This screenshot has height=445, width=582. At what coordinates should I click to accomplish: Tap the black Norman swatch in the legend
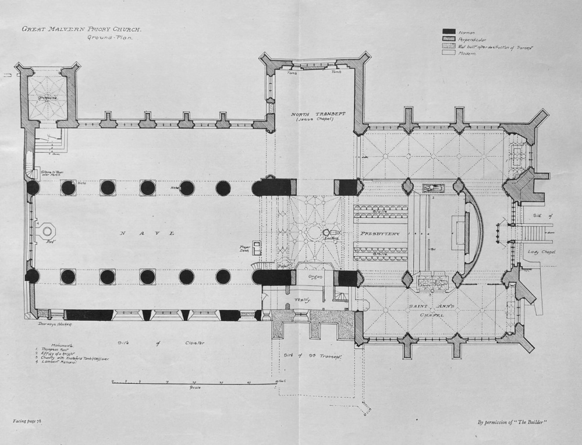pyautogui.click(x=449, y=31)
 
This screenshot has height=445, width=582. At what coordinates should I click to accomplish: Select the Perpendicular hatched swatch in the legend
pyautogui.click(x=449, y=38)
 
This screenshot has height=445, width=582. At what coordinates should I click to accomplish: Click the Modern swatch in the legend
pyautogui.click(x=449, y=53)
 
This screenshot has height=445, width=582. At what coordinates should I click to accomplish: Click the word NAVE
pyautogui.click(x=147, y=234)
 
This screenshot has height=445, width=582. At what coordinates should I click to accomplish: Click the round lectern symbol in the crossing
pyautogui.click(x=327, y=232)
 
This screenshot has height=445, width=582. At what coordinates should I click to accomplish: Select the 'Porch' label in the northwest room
pyautogui.click(x=47, y=98)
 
